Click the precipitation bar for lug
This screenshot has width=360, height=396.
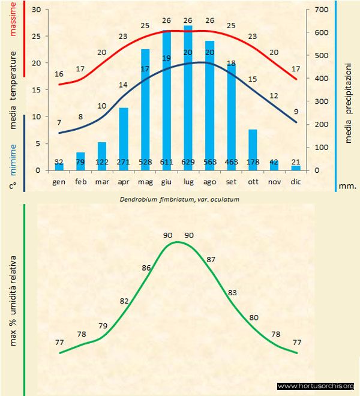[x=188, y=96]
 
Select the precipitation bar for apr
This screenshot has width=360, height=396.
[x=124, y=138]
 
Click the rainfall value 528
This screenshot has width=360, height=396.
[x=145, y=162]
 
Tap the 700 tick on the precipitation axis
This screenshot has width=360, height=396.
[x=319, y=10]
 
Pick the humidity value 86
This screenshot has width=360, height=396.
[x=146, y=268]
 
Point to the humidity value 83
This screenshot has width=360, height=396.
[x=232, y=292]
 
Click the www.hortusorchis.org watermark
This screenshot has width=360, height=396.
[x=316, y=386]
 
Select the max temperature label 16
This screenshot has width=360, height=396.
[x=59, y=74]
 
